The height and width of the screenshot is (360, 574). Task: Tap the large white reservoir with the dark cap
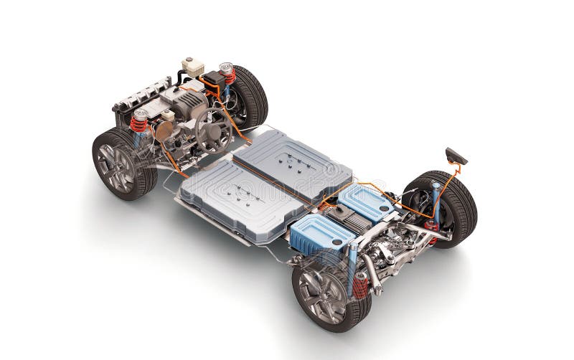(x=192, y=67)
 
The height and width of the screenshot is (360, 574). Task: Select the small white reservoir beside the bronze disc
(x=168, y=115)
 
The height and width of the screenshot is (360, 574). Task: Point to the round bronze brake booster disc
(x=164, y=130)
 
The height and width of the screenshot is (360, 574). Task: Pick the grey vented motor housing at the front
(x=189, y=104)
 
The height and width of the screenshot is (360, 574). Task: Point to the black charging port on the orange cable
(x=456, y=156)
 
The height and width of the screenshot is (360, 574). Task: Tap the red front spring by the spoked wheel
(x=138, y=123)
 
